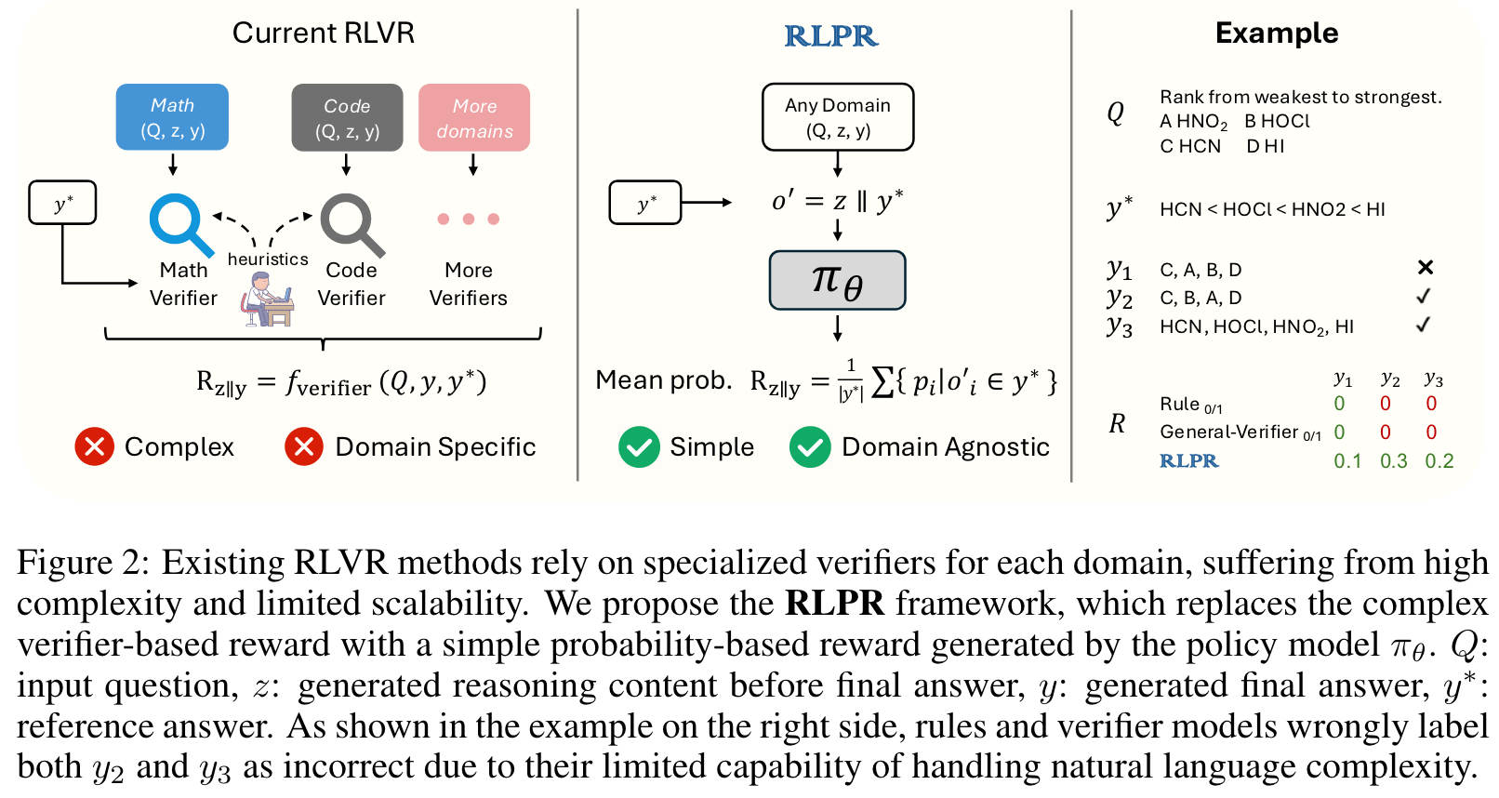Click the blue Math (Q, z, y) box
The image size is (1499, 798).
[172, 117]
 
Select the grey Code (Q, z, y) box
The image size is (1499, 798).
[347, 117]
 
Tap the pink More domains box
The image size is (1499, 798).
[474, 117]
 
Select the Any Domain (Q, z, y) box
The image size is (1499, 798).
[837, 117]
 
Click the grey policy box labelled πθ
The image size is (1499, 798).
[837, 280]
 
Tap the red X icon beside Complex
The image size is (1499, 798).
[94, 446]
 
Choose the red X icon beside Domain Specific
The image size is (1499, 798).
[304, 446]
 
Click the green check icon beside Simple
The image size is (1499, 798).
[639, 446]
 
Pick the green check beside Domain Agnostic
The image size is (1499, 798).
[810, 446]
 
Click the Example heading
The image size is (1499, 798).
[1277, 33]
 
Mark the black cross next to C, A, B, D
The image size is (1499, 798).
[1425, 268]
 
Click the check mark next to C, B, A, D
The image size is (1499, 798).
[1423, 296]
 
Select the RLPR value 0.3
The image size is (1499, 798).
[1393, 461]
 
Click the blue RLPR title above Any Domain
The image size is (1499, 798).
[830, 35]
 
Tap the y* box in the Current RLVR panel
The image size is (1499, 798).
[62, 203]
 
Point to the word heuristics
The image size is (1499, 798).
[268, 259]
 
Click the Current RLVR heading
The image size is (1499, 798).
[323, 33]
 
